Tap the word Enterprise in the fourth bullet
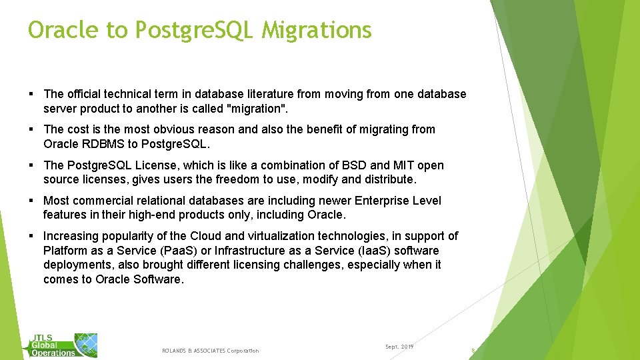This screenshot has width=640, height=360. [383, 201]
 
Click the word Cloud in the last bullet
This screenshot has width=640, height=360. [206, 236]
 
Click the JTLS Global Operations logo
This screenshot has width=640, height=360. [63, 344]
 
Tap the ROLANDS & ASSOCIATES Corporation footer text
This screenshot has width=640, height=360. [210, 351]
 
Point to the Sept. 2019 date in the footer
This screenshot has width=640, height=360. [399, 347]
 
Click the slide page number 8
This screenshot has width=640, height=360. [473, 351]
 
